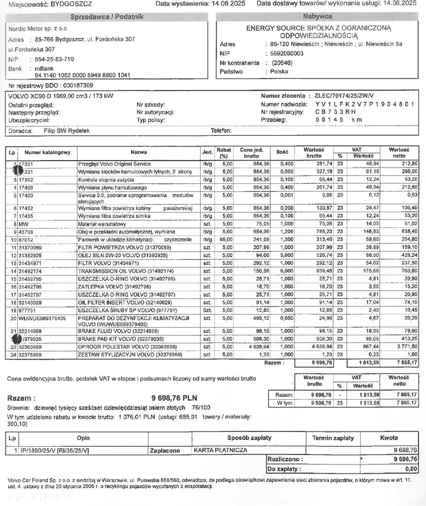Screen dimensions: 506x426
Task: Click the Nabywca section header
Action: click(318, 17)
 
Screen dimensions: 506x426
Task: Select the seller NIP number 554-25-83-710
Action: click(54, 59)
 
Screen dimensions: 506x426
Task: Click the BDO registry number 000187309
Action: click(73, 85)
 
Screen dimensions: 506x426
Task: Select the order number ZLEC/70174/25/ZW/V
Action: click(344, 96)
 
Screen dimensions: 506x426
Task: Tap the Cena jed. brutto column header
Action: click(251, 152)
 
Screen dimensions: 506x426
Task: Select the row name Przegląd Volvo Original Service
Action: click(114, 164)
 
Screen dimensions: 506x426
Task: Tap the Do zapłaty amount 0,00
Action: click(411, 469)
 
